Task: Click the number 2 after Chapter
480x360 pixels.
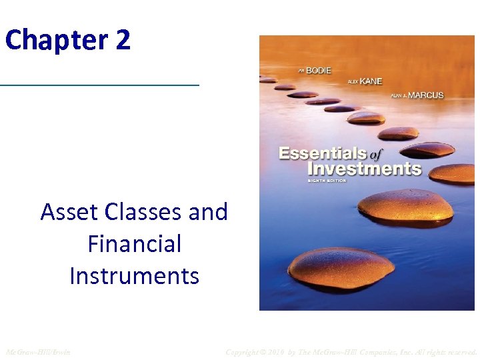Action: [x=123, y=40]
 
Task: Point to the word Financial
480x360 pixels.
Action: [x=134, y=244]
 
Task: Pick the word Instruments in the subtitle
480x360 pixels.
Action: [x=134, y=275]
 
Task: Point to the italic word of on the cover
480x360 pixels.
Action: [x=376, y=154]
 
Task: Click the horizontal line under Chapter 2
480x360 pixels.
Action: [x=99, y=85]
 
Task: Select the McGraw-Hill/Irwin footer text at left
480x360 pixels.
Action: [x=37, y=351]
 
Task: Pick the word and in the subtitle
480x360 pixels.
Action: [x=208, y=212]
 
